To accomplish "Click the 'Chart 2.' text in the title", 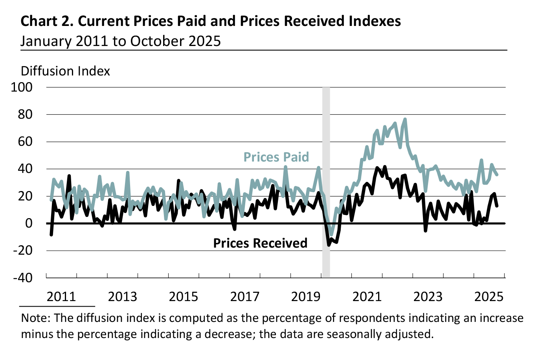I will [47, 21].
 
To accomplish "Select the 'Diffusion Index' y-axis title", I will [65, 71].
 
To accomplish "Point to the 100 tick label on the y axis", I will [22, 87].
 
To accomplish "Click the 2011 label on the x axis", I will [61, 296].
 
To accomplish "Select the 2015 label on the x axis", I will [184, 296].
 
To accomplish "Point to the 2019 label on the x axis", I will [306, 296].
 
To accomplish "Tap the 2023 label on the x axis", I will [428, 296].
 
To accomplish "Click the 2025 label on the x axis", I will [489, 296].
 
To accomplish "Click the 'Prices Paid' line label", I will [276, 157].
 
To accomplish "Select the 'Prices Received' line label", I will [260, 243].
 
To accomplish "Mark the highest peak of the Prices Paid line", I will [405, 119].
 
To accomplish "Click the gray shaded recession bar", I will [326, 181].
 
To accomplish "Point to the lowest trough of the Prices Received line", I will [329, 244].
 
